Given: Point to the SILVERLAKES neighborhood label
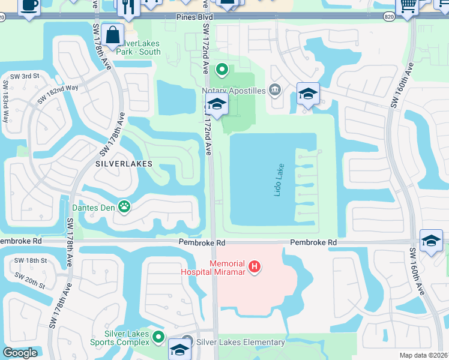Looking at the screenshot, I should (124, 163).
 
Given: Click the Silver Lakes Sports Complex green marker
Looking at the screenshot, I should (158, 337).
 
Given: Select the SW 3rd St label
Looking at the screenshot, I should (24, 76).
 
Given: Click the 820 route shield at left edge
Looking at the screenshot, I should (2, 16).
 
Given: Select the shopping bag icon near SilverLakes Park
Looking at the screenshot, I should (112, 35).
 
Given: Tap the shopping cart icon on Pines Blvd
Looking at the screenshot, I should (408, 5).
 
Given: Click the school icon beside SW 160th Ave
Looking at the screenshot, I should (430, 241).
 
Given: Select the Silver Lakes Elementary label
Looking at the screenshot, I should (240, 343).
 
